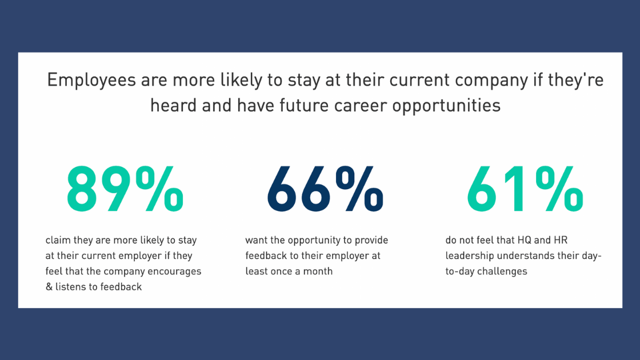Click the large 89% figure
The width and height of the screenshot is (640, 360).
(125, 189)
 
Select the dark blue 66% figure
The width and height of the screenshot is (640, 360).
(325, 189)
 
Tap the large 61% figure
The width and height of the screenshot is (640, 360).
(525, 189)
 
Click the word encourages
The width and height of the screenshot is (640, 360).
(174, 271)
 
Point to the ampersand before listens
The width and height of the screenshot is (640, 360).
(49, 287)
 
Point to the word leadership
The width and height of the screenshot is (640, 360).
(470, 256)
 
